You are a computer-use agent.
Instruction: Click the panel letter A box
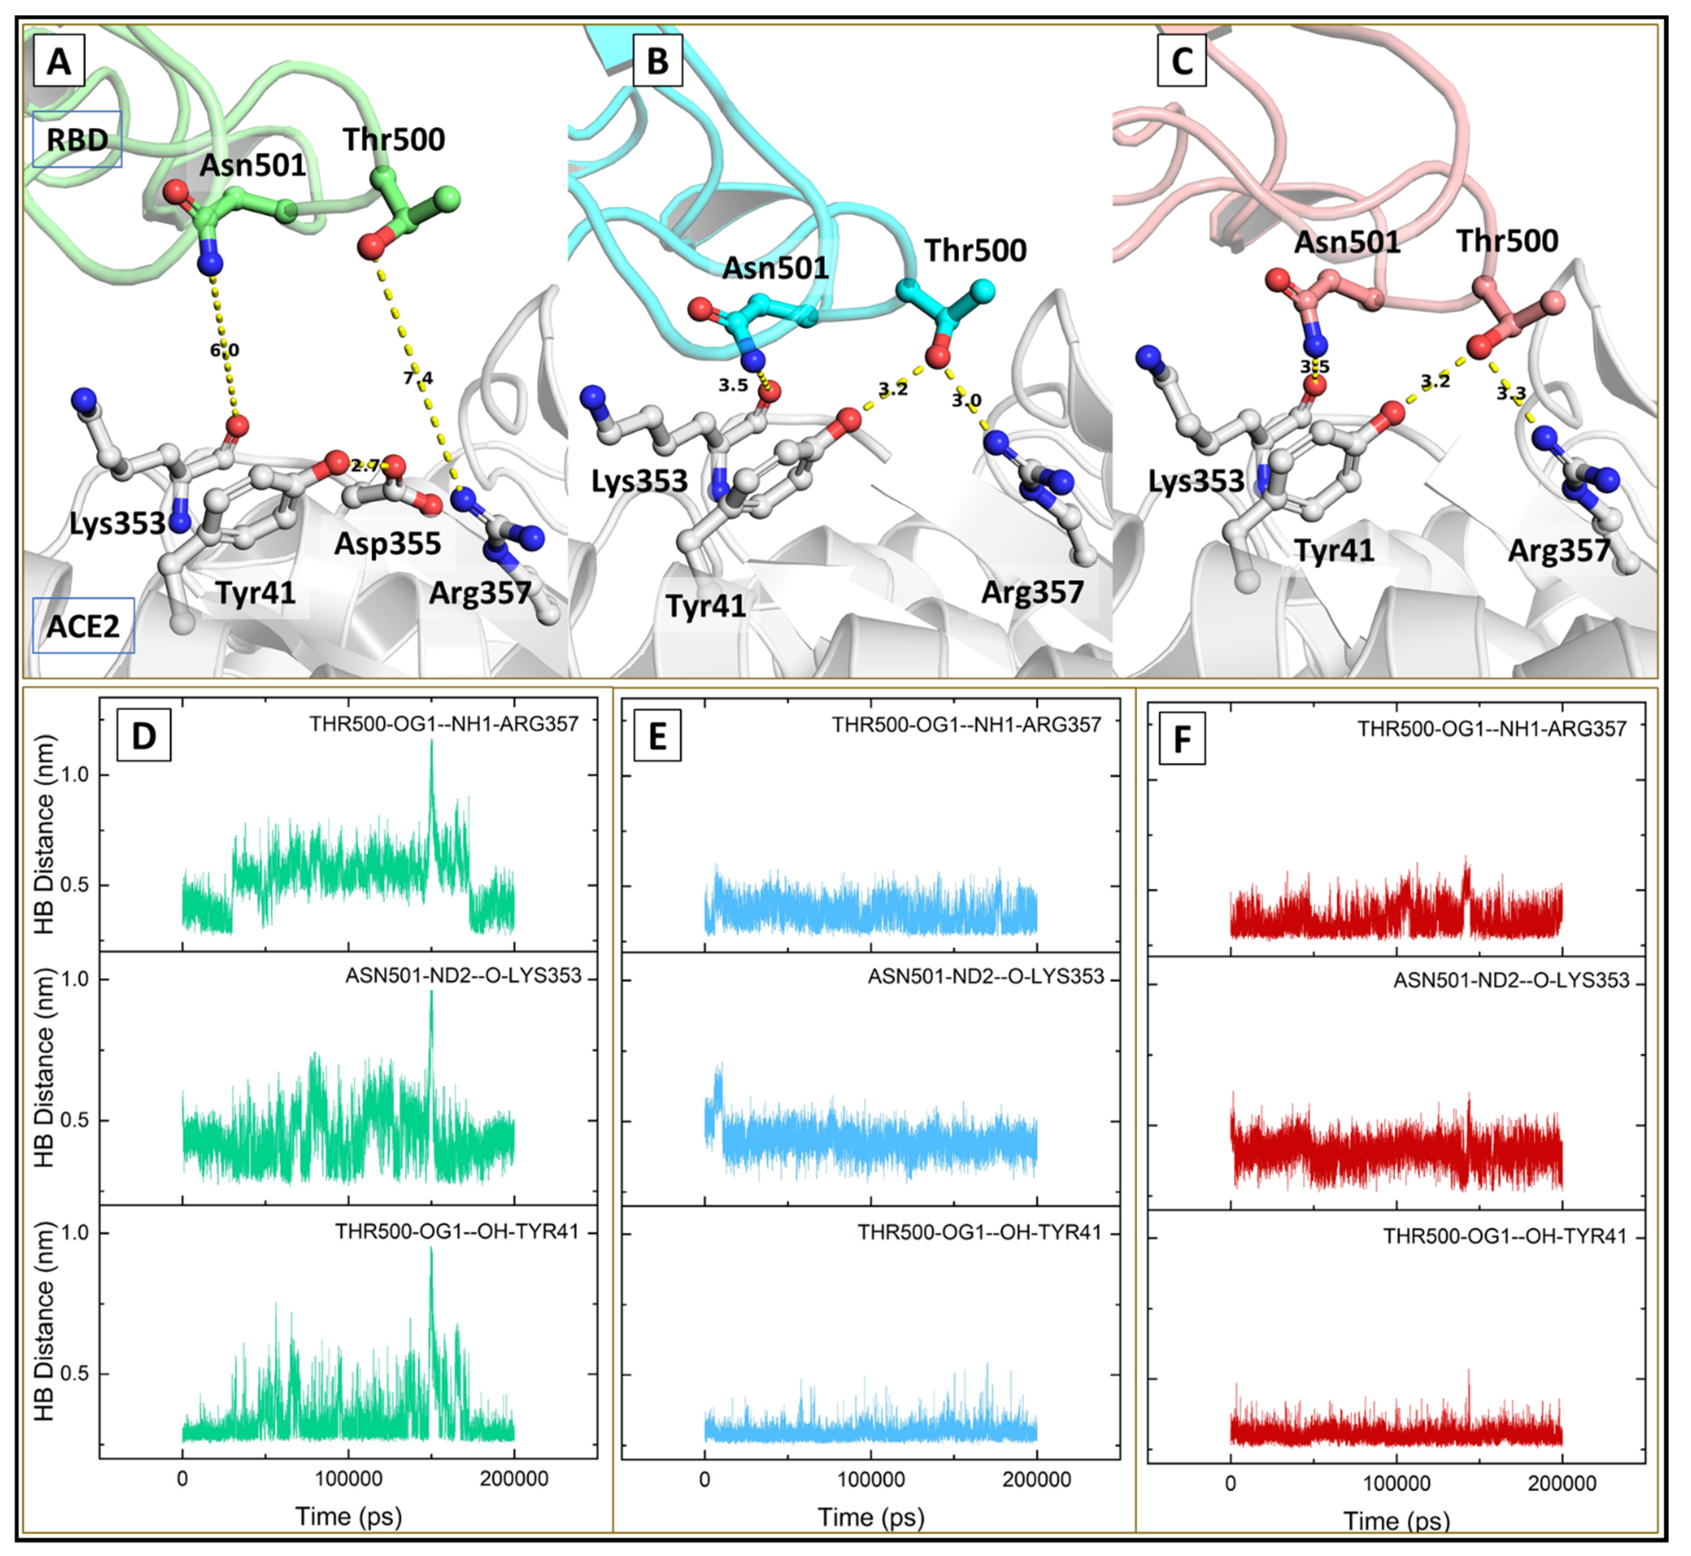click(59, 61)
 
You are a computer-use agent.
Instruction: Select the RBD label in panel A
click(77, 140)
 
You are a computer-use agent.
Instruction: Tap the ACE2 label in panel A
click(82, 626)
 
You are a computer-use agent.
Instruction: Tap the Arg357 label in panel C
click(1558, 551)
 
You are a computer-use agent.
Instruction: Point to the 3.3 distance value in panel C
click(1511, 393)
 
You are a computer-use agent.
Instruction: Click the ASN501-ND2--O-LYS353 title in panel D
click(463, 975)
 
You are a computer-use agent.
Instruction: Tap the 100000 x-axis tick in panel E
click(870, 1479)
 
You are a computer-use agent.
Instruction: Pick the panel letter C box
click(1182, 61)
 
